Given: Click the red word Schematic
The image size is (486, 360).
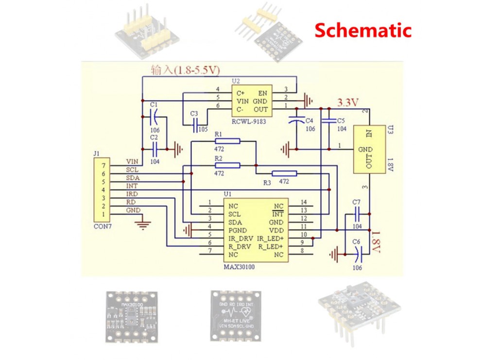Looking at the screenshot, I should pos(363,30).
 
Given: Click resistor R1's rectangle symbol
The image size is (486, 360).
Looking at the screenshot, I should pos(226,141).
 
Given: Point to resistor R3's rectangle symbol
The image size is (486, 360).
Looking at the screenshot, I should pos(284,173).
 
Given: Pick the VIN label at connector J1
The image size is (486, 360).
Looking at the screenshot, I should pos(132,161).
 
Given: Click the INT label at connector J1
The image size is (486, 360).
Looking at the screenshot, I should pos(132,186).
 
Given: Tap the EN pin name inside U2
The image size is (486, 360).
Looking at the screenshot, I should pos(263,92).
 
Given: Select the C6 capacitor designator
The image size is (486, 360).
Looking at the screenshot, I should pos(356,241).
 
